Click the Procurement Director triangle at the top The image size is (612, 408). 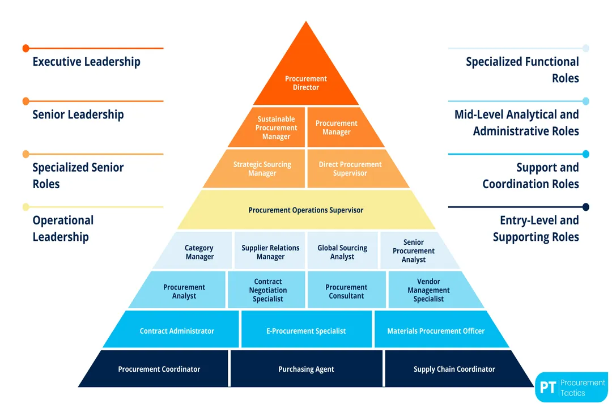[x=306, y=79]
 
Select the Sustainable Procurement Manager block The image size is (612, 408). [x=276, y=127]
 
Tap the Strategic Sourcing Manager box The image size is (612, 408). [x=262, y=169]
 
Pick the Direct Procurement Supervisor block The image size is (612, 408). [x=350, y=169]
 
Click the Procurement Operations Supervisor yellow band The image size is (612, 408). [x=306, y=210]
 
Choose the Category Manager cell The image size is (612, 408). [x=199, y=252]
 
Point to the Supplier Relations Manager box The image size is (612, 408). [x=270, y=252]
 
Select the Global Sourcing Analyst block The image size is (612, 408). [x=342, y=252]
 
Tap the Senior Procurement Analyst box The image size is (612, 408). [x=414, y=251]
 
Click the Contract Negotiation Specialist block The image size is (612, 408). [x=268, y=290]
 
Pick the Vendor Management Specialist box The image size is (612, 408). [x=428, y=290]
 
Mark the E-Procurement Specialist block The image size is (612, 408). [x=306, y=331]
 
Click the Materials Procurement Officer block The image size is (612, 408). [x=436, y=331]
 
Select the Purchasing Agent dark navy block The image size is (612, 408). [x=306, y=369]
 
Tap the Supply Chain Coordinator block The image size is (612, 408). [x=454, y=369]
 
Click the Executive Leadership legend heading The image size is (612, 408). [x=86, y=62]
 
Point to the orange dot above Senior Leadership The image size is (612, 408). [x=25, y=101]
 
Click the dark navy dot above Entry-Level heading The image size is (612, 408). [x=586, y=207]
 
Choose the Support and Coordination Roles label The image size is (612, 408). [x=530, y=176]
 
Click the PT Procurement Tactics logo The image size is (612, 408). [x=571, y=387]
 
